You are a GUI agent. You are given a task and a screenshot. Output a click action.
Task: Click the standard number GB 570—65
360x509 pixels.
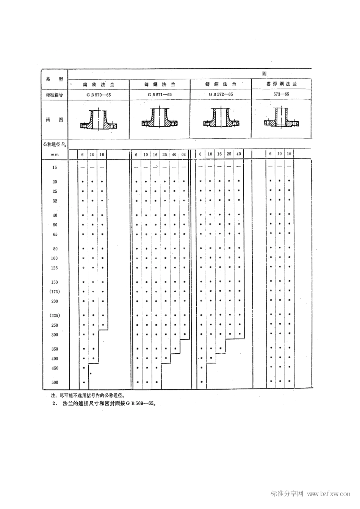pos(99,95)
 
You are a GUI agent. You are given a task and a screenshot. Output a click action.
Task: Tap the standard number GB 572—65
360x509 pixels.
pos(221,94)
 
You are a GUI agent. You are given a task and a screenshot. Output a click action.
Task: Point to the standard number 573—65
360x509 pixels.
pos(281,94)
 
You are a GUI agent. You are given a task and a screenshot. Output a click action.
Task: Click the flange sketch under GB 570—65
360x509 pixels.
pos(99,121)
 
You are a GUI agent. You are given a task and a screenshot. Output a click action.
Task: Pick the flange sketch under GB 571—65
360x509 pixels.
pos(160,119)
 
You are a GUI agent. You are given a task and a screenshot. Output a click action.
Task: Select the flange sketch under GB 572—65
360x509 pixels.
pos(221,119)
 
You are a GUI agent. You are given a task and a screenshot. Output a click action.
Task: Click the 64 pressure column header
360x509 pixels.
pos(183,154)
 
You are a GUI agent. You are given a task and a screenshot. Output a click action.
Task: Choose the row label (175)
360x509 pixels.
pos(55,291)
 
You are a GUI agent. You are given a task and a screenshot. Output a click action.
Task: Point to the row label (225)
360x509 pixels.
pos(55,316)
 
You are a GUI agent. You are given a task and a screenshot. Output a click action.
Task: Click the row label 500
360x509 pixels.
pos(55,382)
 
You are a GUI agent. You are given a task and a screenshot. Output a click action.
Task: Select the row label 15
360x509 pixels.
pos(55,167)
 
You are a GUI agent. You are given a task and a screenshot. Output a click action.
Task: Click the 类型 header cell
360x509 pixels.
pos(55,79)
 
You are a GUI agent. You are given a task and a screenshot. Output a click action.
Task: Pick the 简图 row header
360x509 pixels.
pos(55,119)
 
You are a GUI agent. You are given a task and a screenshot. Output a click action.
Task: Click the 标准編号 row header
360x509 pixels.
pos(55,95)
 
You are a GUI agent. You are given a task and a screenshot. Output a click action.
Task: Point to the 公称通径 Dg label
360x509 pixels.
pos(55,144)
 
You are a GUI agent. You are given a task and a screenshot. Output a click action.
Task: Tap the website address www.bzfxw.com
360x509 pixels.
pos(328,494)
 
